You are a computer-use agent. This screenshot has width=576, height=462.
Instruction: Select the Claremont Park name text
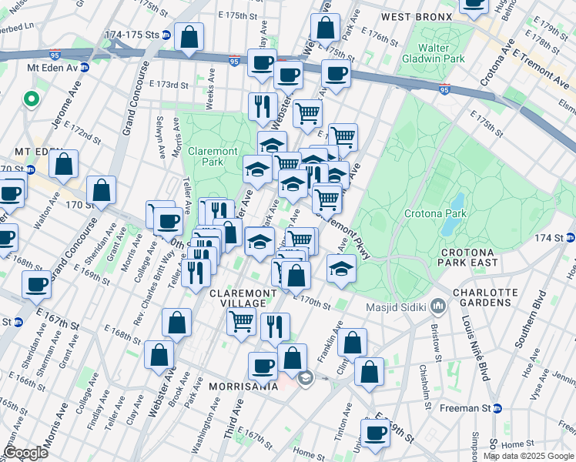(212, 157)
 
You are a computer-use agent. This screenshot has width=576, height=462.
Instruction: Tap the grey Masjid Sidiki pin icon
(439, 306)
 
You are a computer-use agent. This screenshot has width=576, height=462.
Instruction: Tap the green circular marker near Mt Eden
(31, 99)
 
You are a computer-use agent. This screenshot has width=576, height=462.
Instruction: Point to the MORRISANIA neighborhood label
(239, 386)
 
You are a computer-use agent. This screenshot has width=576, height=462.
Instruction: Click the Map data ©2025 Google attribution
(528, 456)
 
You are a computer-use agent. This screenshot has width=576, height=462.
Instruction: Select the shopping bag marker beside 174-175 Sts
(189, 36)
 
